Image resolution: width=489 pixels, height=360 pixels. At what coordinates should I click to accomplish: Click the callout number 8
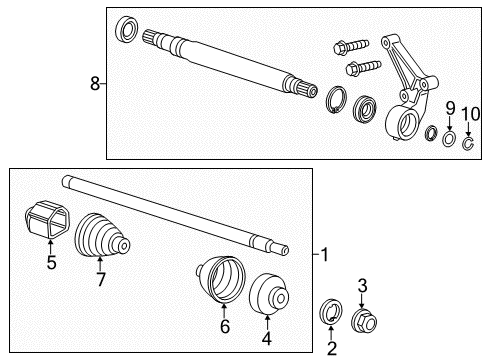[95, 84]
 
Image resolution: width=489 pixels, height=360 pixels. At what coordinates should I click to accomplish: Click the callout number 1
[323, 255]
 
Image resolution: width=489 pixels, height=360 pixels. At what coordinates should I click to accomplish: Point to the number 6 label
[225, 327]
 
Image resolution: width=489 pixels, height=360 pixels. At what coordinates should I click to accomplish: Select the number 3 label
[363, 286]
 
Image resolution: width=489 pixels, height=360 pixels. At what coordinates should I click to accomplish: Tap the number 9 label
[449, 106]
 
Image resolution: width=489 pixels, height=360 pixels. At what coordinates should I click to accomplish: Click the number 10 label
[470, 106]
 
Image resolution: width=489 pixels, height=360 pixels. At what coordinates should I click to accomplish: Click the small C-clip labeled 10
[469, 138]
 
